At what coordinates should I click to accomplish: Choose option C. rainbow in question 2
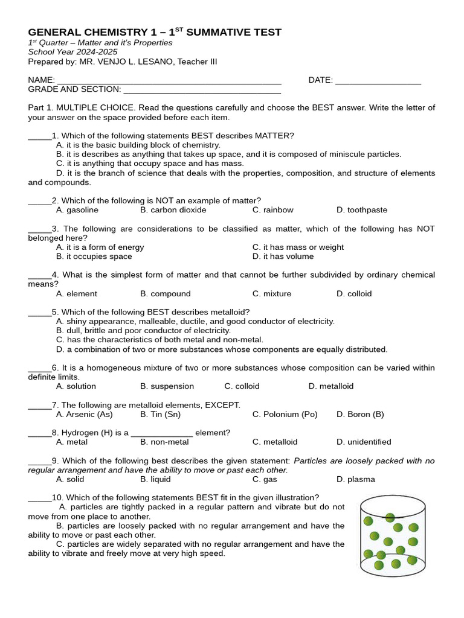(x=272, y=210)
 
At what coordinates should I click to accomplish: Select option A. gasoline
(x=77, y=210)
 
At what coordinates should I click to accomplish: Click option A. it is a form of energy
(x=100, y=247)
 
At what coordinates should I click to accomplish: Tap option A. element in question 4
(x=76, y=294)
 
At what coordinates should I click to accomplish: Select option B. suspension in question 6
(x=167, y=386)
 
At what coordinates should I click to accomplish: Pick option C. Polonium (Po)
(x=285, y=415)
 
